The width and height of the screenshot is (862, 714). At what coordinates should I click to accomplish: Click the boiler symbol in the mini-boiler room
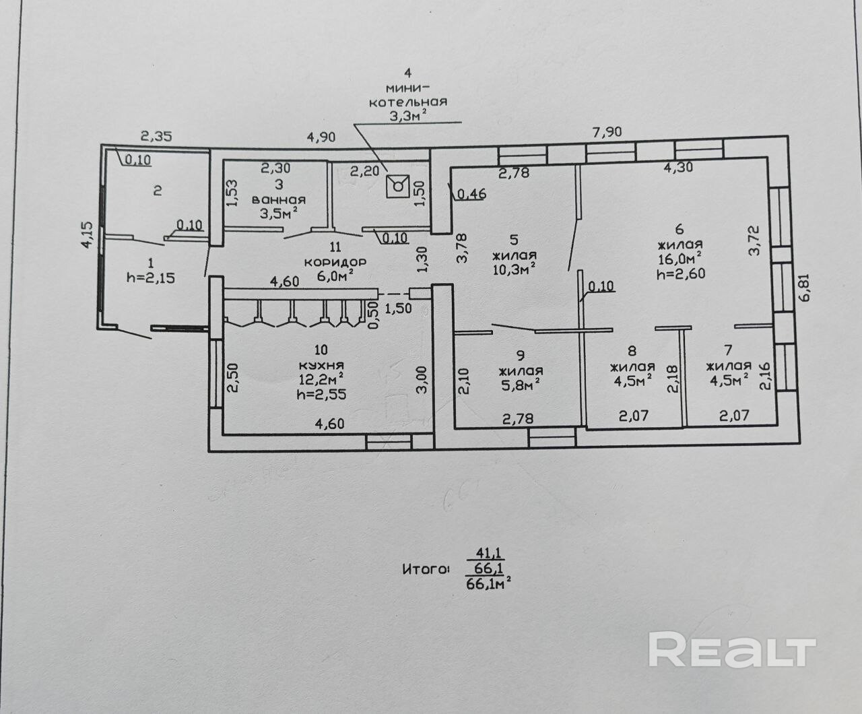397,184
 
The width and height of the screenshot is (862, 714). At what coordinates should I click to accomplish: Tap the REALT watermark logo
732,649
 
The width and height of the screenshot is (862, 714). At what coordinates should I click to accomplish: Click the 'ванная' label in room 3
278,200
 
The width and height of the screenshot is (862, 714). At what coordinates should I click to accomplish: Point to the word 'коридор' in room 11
334,261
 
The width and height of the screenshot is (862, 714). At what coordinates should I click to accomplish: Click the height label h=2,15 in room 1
150,276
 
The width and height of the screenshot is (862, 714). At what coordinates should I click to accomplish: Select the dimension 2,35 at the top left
156,136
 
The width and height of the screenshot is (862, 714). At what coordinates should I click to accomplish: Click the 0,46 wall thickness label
472,195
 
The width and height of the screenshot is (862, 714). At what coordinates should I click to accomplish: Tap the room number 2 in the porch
157,191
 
